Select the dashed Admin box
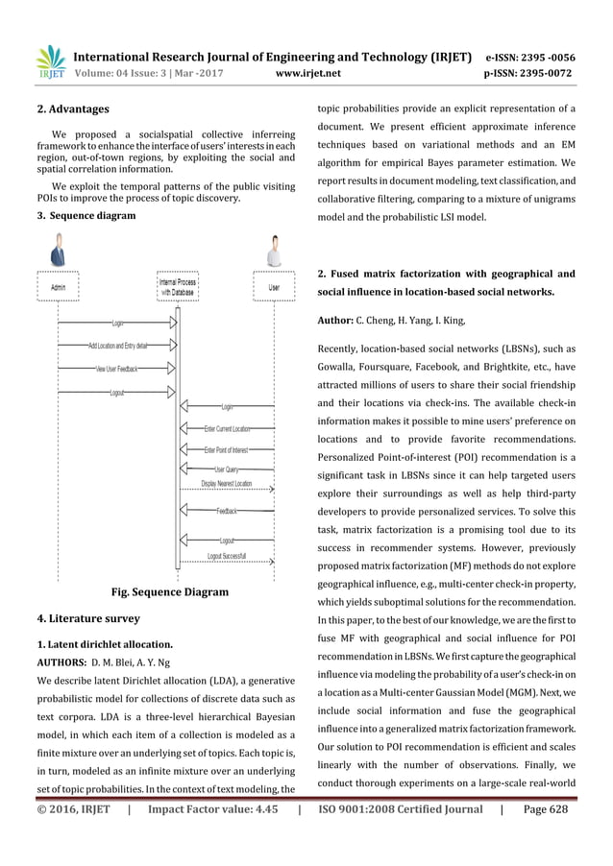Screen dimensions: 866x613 59,285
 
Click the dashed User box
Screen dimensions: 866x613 274,285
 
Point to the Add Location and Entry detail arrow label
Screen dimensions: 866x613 117,346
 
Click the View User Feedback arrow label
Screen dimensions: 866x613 116,369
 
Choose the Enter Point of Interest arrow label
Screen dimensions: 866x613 227,449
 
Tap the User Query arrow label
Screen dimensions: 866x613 227,469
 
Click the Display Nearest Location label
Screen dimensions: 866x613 227,484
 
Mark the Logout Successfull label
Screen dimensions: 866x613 227,556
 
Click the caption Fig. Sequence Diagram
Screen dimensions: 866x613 171,592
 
